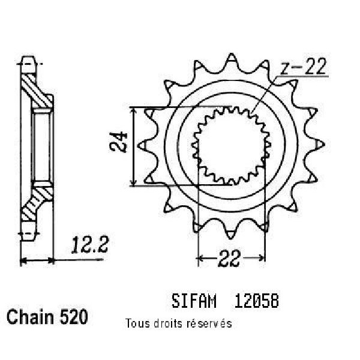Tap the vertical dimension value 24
[x=118, y=142]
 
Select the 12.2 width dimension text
[x=89, y=245]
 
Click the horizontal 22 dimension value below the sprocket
[x=230, y=258]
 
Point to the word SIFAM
[x=194, y=301]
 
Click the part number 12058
[x=256, y=301]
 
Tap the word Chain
[x=30, y=317]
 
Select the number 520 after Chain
[x=74, y=317]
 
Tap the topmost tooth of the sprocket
[x=231, y=60]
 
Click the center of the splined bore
[x=231, y=145]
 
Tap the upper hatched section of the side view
[x=37, y=91]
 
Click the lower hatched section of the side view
[x=37, y=203]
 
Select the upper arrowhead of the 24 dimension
[x=133, y=112]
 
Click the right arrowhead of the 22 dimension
[x=261, y=257]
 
